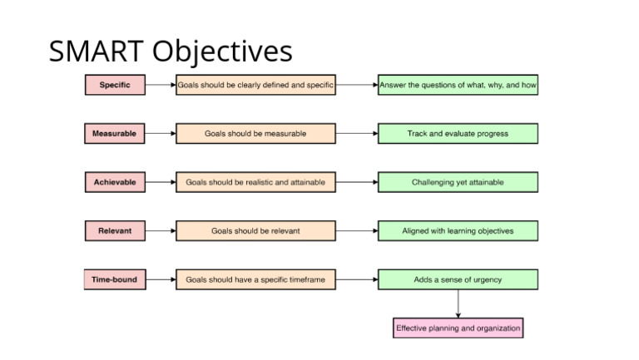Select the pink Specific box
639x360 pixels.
click(x=114, y=85)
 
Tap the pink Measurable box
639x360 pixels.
click(x=114, y=134)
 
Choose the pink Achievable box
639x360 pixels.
click(x=114, y=182)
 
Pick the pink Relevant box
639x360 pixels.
click(x=114, y=231)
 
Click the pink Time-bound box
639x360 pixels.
click(x=114, y=280)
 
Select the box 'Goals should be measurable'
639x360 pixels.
click(x=255, y=134)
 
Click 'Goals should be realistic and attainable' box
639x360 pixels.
click(x=255, y=182)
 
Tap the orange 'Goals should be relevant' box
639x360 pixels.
click(x=255, y=231)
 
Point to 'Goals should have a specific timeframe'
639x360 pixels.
click(x=255, y=280)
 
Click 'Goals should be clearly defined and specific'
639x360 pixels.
click(x=255, y=85)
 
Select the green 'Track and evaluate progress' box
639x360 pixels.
click(x=458, y=134)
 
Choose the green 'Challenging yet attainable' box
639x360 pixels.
click(x=458, y=182)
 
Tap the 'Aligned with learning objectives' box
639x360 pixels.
click(x=458, y=231)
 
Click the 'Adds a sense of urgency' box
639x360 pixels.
click(x=458, y=280)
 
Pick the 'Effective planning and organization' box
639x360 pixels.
click(x=458, y=328)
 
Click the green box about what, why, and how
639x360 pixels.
click(x=458, y=85)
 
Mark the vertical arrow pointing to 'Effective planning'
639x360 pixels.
click(x=458, y=303)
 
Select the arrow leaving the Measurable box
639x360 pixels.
click(x=160, y=134)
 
